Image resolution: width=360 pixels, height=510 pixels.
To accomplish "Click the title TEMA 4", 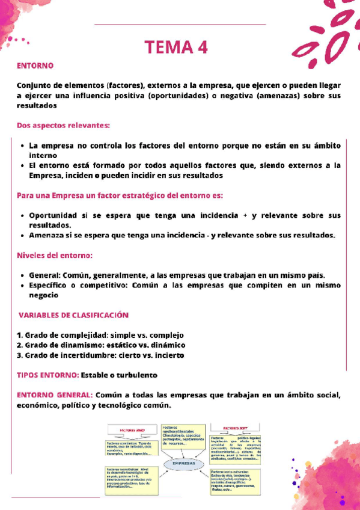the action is pyautogui.click(x=180, y=48).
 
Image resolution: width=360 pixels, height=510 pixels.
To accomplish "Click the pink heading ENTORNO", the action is pyautogui.click(x=35, y=65).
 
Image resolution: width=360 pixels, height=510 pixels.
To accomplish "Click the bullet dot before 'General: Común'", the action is pyautogui.click(x=22, y=275).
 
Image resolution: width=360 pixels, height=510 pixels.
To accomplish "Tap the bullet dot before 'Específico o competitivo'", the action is pyautogui.click(x=22, y=286).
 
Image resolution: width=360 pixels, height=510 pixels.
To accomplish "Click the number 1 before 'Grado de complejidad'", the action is pyautogui.click(x=19, y=335).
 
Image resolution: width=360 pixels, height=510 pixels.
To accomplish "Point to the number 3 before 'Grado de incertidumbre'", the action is pyautogui.click(x=19, y=355).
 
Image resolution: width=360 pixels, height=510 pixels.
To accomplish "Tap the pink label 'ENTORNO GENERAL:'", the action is pyautogui.click(x=55, y=395).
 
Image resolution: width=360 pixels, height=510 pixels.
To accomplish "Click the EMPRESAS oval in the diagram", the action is pyautogui.click(x=184, y=464).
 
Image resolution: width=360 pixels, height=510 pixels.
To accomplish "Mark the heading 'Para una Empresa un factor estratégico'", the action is pyautogui.click(x=120, y=195).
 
